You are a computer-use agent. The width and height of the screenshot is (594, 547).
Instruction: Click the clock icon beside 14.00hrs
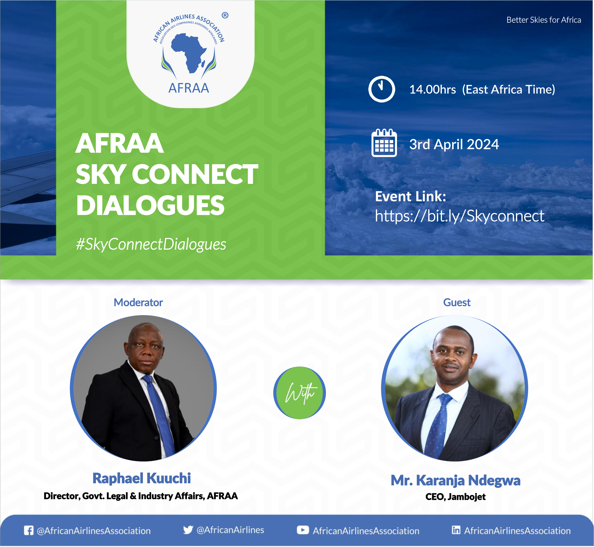coord(381,89)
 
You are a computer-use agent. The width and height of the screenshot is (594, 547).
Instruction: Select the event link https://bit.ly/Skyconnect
coord(459,216)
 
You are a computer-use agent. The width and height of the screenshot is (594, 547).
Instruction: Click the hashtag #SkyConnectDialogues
coord(151,244)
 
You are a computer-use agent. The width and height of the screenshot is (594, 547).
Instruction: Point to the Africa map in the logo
coord(189,53)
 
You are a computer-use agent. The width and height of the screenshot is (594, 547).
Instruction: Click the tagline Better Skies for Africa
coord(544,20)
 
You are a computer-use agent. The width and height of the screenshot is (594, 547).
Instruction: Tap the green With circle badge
coord(300,393)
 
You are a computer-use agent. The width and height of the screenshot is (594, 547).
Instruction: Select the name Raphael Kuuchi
coord(141,478)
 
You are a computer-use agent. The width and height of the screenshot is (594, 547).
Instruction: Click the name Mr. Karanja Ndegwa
coord(456,480)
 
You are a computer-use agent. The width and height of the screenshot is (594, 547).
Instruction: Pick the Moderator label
coord(138,303)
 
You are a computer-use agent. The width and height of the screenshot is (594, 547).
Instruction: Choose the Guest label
coord(457,303)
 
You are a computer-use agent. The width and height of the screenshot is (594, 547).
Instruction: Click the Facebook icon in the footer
coord(29,530)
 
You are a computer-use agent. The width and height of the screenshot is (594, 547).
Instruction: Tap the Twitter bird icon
coord(188,530)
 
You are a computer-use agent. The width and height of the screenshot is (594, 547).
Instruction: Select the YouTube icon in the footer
coord(303,530)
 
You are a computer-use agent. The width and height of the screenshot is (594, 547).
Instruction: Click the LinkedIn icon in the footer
coord(456,530)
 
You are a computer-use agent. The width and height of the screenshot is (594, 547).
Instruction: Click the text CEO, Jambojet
coord(456,497)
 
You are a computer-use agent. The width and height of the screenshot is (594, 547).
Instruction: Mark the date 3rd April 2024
coord(454,144)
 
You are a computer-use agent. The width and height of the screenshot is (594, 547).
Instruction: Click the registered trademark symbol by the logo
coord(225,15)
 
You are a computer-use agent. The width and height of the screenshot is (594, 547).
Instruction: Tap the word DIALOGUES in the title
coord(150,205)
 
